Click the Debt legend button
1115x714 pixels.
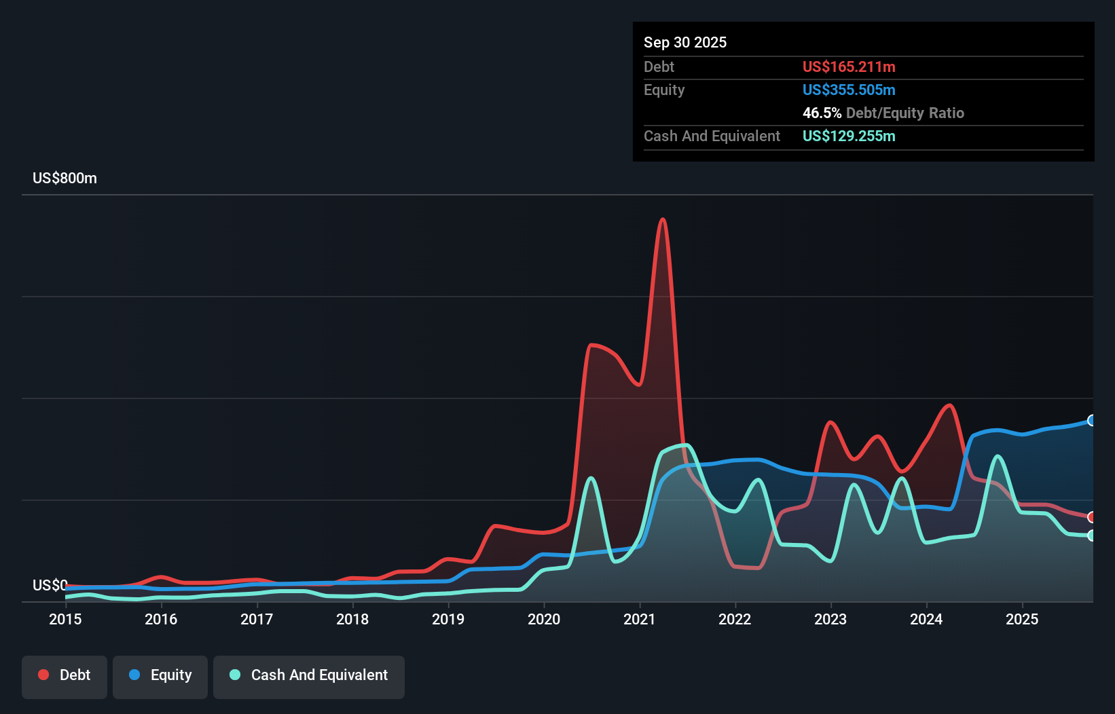[65, 675]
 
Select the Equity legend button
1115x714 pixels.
[160, 675]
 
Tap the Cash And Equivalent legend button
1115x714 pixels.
[309, 675]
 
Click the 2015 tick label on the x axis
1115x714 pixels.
[65, 619]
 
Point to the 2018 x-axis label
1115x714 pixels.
[352, 619]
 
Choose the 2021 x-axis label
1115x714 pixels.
[640, 619]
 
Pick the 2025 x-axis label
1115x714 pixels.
[1022, 619]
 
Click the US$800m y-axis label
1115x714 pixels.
[65, 178]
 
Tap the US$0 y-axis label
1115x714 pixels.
[50, 585]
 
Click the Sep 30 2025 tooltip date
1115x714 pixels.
[684, 42]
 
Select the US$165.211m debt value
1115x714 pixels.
[848, 67]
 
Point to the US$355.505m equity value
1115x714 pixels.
[848, 90]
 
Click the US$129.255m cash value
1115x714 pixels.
[848, 136]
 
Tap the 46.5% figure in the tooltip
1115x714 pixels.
[822, 113]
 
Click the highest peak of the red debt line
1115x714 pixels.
[663, 219]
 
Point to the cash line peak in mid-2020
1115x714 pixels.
[591, 478]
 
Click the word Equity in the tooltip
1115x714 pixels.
[663, 90]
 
